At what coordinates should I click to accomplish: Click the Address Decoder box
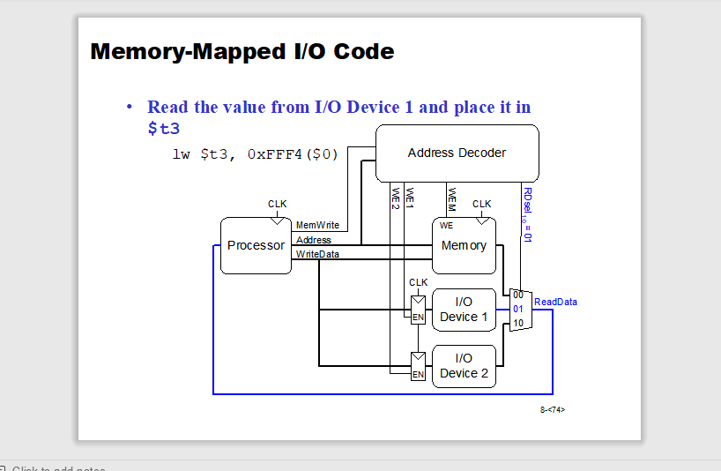click(x=457, y=153)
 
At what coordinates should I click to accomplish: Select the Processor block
click(x=256, y=245)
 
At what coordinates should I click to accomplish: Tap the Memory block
click(x=464, y=245)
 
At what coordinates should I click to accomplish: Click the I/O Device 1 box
click(x=464, y=310)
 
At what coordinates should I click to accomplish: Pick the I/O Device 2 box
click(x=464, y=366)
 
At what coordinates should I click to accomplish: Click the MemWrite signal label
click(x=317, y=226)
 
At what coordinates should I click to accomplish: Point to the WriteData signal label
click(x=317, y=254)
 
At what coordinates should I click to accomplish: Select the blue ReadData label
click(x=555, y=302)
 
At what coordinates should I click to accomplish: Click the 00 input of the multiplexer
click(x=518, y=295)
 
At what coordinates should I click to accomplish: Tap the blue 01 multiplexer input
click(x=518, y=309)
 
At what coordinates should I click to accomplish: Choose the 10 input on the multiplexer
click(x=518, y=323)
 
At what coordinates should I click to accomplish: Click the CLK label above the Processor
click(x=278, y=204)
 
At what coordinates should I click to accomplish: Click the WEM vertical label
click(x=451, y=199)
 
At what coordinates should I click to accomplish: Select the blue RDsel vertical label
click(x=527, y=213)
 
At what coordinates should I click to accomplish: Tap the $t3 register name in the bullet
click(x=163, y=128)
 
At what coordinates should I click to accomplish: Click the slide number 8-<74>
click(x=553, y=409)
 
